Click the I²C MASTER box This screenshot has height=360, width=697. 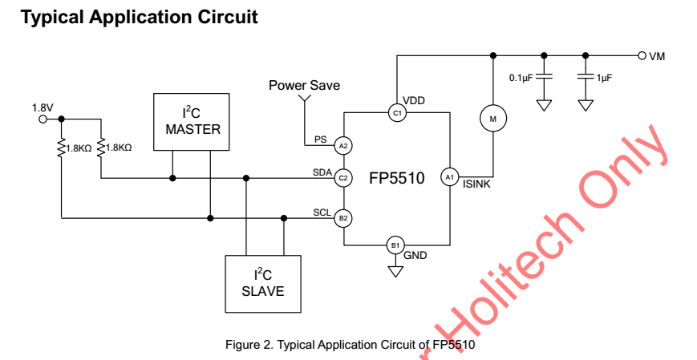pos(192,121)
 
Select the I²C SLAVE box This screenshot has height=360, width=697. pos(263,283)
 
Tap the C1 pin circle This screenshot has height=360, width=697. pos(396,113)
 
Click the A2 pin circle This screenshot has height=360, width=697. pos(343,145)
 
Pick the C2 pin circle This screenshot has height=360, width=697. pos(343,178)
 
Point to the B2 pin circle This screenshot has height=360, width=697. pos(343,217)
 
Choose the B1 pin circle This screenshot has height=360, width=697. pos(395,245)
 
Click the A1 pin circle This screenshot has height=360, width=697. pos(450,177)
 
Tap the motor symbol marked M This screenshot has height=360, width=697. pos(492,119)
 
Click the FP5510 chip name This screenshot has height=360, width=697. pos(396,178)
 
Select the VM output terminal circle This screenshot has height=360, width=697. pos(642,55)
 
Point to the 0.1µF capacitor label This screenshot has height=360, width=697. pos(521,79)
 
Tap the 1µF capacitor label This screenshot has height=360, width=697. pos(605,79)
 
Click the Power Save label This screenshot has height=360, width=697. pos(304,85)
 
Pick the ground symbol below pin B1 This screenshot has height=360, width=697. pos(395,271)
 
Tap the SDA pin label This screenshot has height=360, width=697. pos(322,172)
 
